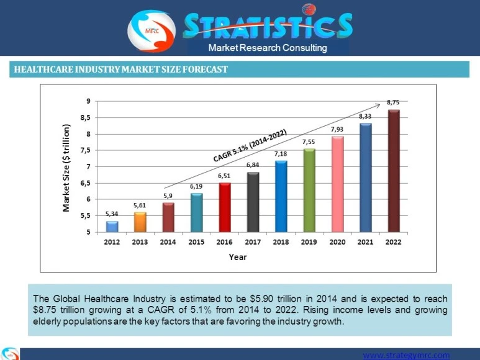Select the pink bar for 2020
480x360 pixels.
[337, 184]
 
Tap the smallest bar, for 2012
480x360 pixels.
[112, 227]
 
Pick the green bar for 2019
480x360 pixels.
[309, 190]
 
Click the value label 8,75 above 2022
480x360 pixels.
[393, 102]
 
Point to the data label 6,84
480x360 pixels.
[253, 164]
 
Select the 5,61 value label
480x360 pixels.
[140, 205]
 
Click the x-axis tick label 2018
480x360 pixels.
[281, 242]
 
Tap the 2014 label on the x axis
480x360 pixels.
[168, 242]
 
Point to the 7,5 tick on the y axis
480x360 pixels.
[84, 150]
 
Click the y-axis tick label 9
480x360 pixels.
[88, 101]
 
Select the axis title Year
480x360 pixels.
[237, 256]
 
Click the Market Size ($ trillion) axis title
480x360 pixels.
[66, 168]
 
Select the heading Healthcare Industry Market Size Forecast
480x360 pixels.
[121, 70]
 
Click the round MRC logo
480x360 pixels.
[152, 29]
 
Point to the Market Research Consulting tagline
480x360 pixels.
[268, 48]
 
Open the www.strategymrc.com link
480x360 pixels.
[405, 355]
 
